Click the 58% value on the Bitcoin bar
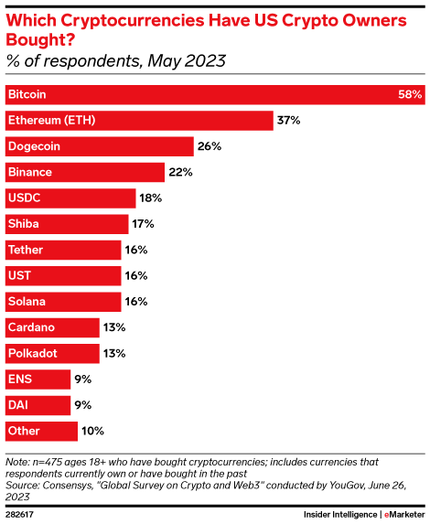point(410,94)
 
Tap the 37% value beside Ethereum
point(289,120)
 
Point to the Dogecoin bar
point(99,145)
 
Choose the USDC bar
point(69,198)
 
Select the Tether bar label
point(25,249)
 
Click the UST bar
point(62,275)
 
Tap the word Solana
point(27,301)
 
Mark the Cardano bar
point(51,326)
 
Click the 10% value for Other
point(93,430)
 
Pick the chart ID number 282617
point(21,513)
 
